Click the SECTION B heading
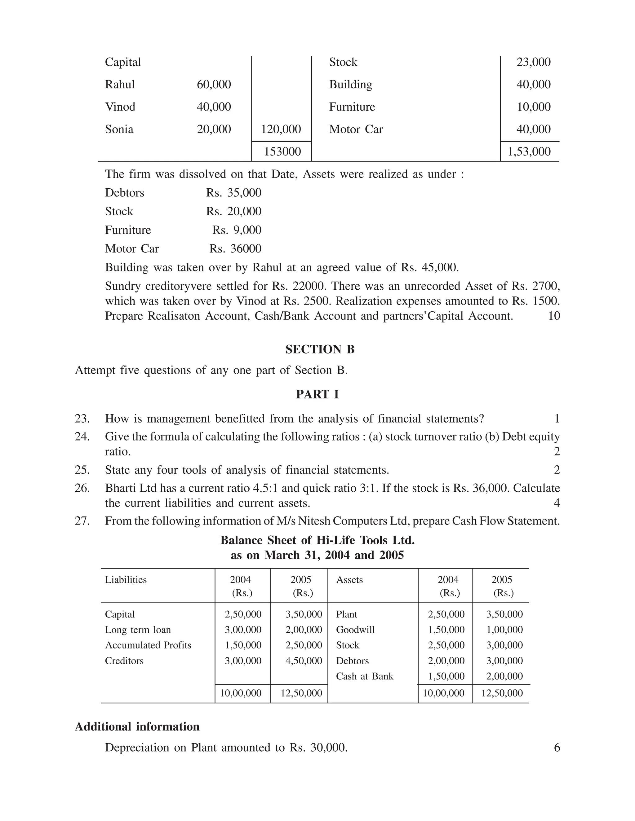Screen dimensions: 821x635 pos(320,349)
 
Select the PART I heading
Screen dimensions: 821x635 pos(317,394)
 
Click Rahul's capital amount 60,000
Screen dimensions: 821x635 pos(214,85)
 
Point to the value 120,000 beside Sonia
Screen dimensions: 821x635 pos(281,129)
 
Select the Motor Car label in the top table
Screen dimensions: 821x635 pos(356,129)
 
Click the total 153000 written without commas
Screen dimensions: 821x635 pos(282,152)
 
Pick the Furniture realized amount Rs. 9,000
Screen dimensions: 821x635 pos(237,230)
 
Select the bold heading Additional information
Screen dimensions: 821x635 pos(137,727)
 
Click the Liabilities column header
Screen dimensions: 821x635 pos(126,580)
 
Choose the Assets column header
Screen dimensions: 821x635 pos(349,580)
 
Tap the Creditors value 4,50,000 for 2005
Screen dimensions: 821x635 pos(304,661)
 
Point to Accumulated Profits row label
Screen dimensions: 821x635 pos(148,645)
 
